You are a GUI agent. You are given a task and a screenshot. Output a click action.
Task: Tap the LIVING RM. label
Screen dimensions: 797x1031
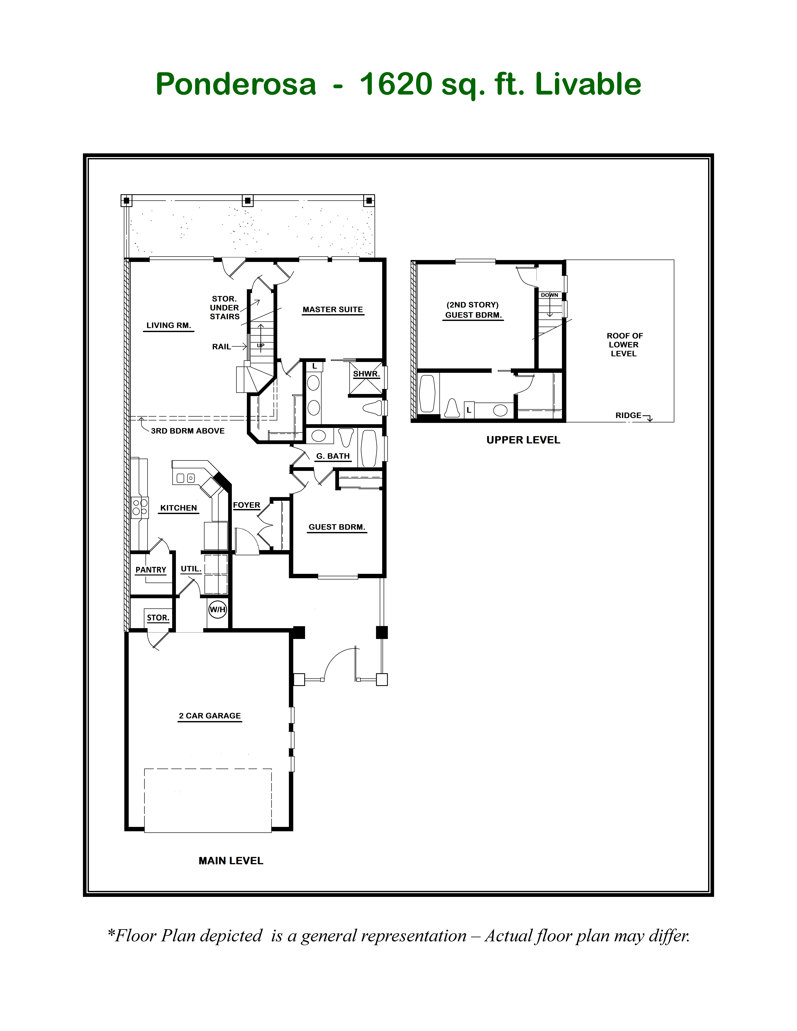click(169, 325)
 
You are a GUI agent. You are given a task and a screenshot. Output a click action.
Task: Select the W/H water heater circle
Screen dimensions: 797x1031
click(218, 609)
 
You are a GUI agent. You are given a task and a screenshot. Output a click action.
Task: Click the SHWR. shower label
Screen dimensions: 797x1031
click(366, 374)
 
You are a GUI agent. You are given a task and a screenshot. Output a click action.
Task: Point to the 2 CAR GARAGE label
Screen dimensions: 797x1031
click(210, 716)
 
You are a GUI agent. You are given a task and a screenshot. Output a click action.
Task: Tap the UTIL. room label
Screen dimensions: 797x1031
click(191, 569)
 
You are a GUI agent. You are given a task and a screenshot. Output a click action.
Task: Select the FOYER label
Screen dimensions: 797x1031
click(247, 505)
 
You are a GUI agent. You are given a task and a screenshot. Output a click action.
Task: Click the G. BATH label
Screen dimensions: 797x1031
click(333, 456)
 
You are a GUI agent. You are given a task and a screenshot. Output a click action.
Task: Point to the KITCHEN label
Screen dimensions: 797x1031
click(178, 508)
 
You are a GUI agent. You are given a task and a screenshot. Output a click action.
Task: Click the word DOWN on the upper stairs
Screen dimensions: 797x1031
click(550, 295)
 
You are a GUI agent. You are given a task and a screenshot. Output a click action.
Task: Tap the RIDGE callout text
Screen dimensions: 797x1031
click(628, 415)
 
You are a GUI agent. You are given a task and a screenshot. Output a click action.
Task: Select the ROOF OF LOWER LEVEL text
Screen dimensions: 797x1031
click(624, 345)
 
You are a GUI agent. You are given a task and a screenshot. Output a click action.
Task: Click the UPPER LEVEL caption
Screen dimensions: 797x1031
click(523, 440)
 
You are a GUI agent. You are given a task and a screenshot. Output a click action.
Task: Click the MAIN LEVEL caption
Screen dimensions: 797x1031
click(231, 861)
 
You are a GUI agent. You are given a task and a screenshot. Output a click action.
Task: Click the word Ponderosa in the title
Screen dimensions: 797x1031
click(236, 84)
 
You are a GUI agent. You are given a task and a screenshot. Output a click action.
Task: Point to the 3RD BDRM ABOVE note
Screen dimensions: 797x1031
click(187, 431)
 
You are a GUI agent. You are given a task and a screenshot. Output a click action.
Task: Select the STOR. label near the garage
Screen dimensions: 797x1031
click(158, 617)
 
